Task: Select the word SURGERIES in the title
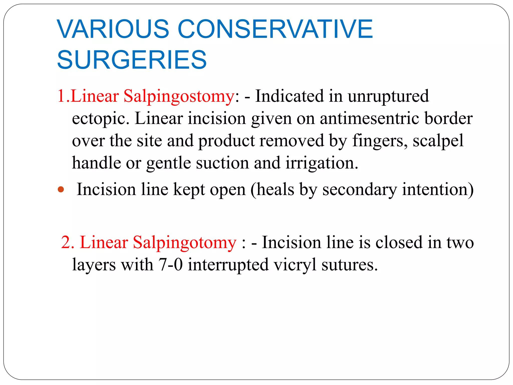pyautogui.click(x=132, y=60)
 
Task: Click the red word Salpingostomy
pyautogui.click(x=179, y=97)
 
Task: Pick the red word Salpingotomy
pyautogui.click(x=184, y=243)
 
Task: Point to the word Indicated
pyautogui.click(x=289, y=96)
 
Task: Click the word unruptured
pyautogui.click(x=388, y=97)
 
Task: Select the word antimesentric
pyautogui.click(x=369, y=118)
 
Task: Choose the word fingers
pyautogui.click(x=380, y=141)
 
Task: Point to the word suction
pyautogui.click(x=222, y=163)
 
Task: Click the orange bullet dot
pyautogui.click(x=61, y=189)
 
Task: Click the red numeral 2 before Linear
pyautogui.click(x=67, y=243)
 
